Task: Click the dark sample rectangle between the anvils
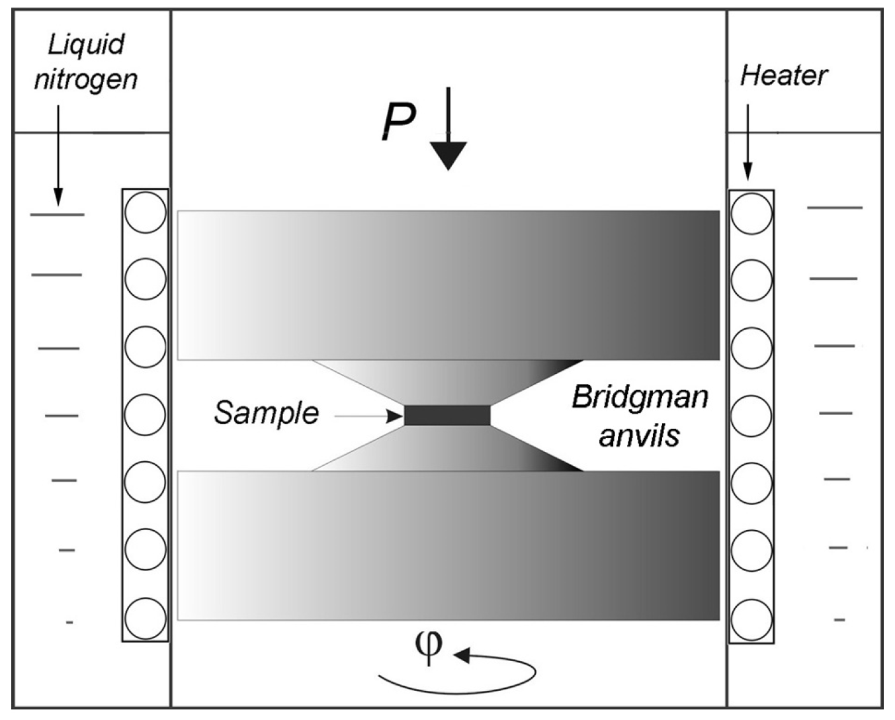tap(447, 415)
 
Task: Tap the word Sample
tap(266, 414)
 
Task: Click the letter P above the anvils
tap(398, 122)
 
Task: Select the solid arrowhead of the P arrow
tap(448, 156)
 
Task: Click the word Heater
tap(783, 75)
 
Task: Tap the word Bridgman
tap(640, 397)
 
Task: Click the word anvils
tap(639, 435)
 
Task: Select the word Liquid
tap(86, 45)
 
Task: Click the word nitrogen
tap(86, 79)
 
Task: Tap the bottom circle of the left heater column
tap(145, 618)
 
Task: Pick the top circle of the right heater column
tap(751, 213)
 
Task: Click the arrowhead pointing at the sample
tap(396, 416)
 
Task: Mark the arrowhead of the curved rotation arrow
tap(460, 655)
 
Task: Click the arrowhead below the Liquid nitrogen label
tap(58, 197)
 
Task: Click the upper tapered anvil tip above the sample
tap(447, 382)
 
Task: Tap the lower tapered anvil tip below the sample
tap(447, 448)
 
